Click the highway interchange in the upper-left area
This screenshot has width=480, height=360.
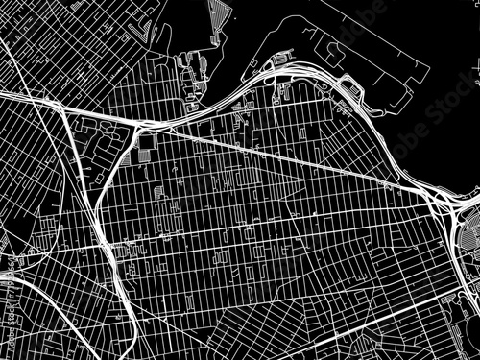144,125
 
